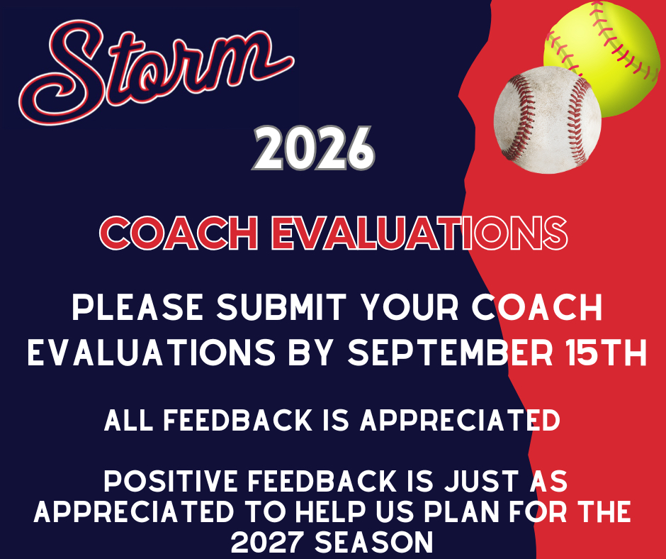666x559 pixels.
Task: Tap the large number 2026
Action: [x=313, y=148]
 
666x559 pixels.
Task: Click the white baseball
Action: [x=548, y=120]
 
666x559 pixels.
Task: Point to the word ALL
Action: [x=128, y=420]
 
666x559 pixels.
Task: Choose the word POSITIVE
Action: [x=172, y=481]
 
